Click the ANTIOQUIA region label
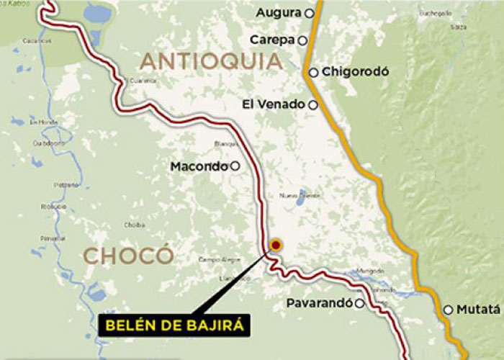211,60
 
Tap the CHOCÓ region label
128,255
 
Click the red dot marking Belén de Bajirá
275,246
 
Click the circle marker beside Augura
310,13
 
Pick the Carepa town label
274,40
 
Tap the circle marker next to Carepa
304,40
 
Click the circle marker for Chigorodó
314,72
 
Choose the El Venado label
274,104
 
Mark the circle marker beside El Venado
312,105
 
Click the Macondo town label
199,166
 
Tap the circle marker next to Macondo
235,166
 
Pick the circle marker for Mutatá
448,310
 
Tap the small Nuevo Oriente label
298,195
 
